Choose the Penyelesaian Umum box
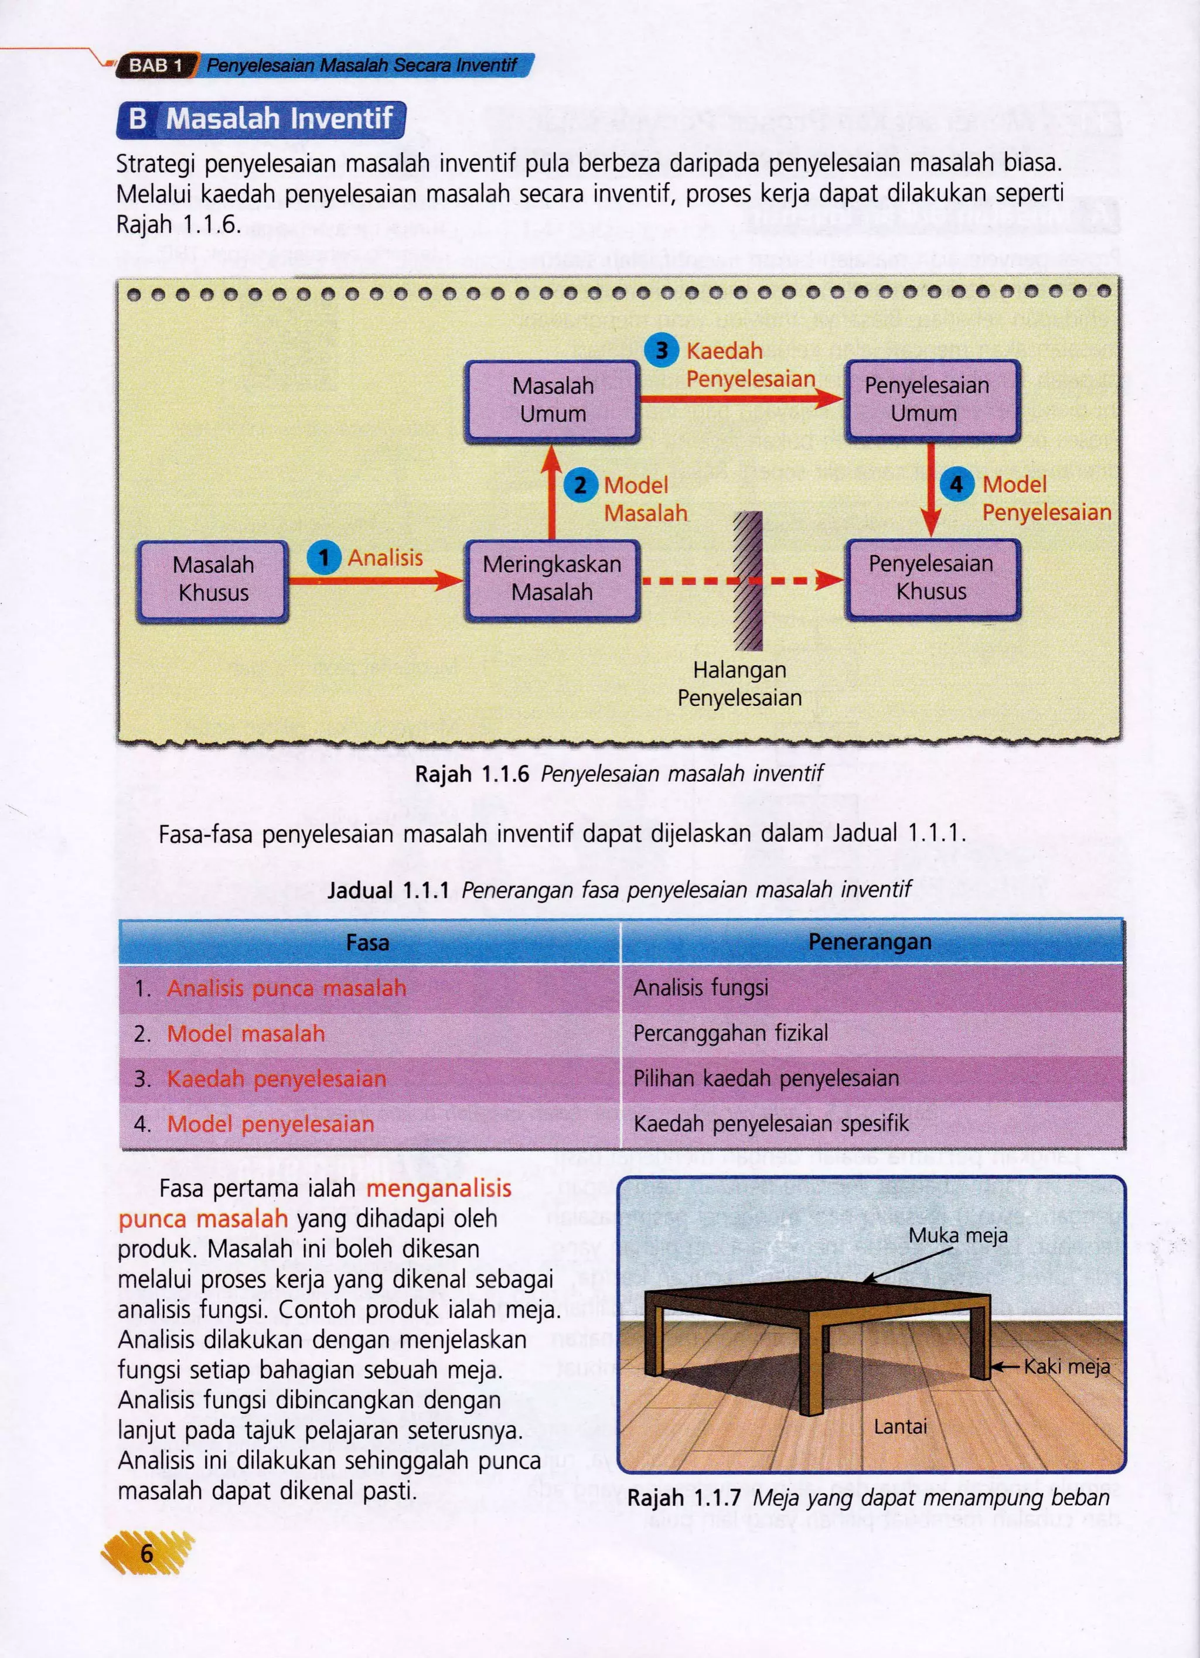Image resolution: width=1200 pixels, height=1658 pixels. point(932,399)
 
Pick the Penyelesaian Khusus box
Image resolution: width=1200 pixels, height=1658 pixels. point(932,577)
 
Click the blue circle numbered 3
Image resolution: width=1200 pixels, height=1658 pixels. point(661,350)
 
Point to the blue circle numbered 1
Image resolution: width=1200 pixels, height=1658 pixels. point(323,558)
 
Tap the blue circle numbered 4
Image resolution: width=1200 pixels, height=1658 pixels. point(956,484)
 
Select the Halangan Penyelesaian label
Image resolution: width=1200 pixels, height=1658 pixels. point(739,683)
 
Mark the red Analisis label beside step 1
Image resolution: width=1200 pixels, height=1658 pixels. point(386,558)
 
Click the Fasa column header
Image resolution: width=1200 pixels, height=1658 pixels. point(368,942)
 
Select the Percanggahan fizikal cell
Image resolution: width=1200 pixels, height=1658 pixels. point(731,1033)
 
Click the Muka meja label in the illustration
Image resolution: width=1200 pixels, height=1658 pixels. point(957,1236)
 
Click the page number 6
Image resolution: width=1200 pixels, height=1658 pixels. point(147,1553)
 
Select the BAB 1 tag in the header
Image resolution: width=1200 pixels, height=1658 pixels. point(155,65)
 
